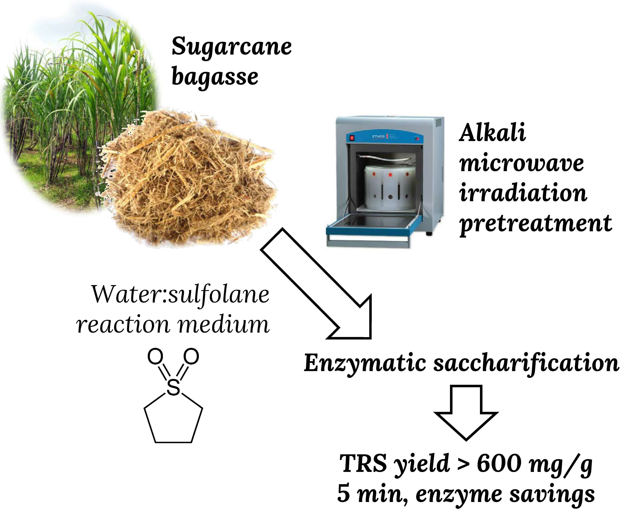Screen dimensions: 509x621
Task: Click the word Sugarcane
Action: pyautogui.click(x=232, y=47)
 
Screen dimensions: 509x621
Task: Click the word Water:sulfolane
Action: pyautogui.click(x=180, y=295)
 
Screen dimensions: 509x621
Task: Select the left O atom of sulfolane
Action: pyautogui.click(x=155, y=357)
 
